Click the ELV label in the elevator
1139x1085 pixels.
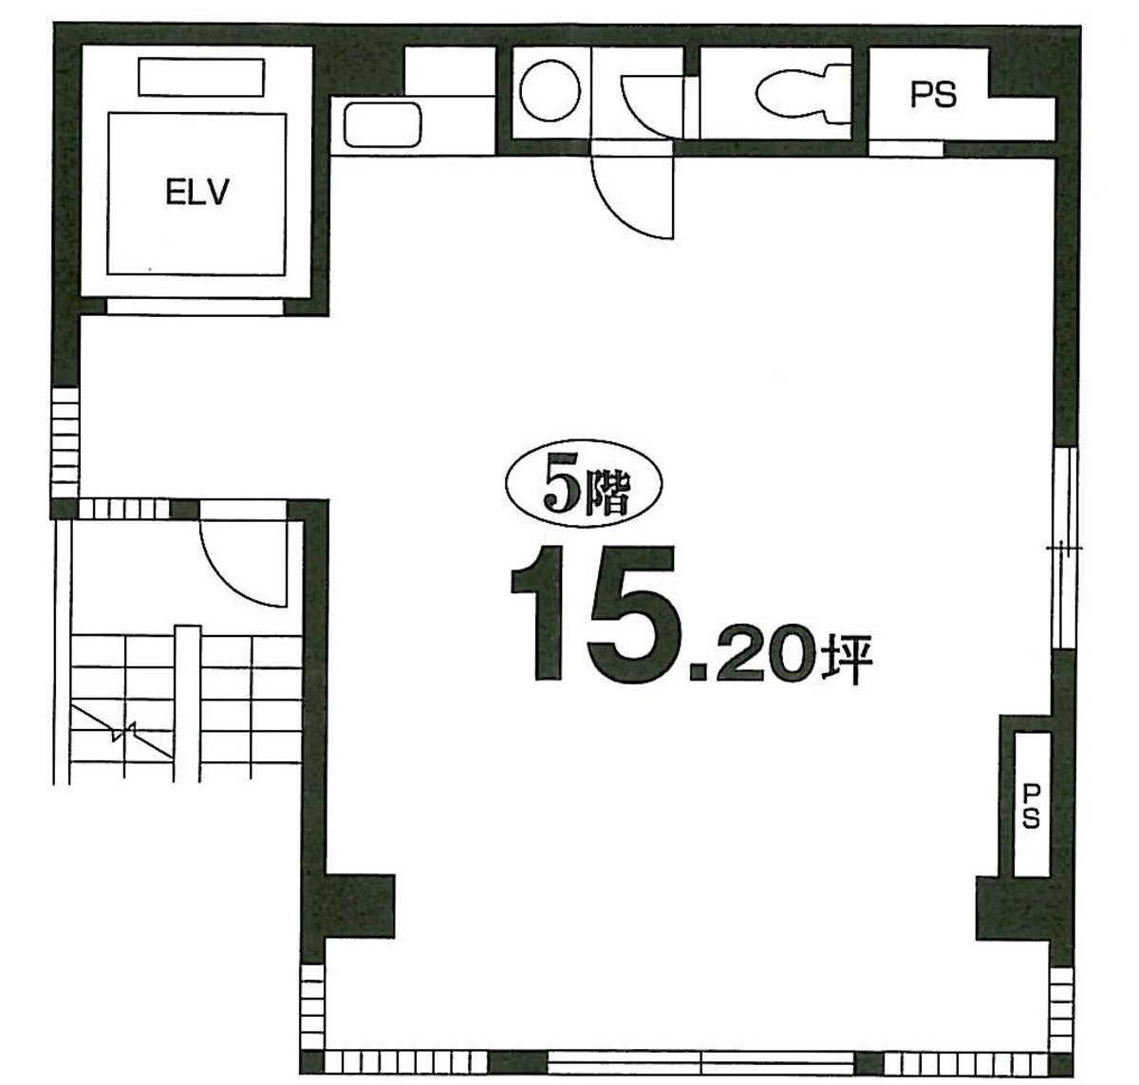[197, 193]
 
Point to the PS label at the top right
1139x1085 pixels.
[933, 95]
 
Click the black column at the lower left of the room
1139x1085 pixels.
[359, 906]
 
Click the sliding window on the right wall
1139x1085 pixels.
[1065, 548]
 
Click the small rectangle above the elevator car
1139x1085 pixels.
[201, 77]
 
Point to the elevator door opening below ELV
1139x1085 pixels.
[195, 307]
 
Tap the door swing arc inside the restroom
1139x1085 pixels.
[648, 104]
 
